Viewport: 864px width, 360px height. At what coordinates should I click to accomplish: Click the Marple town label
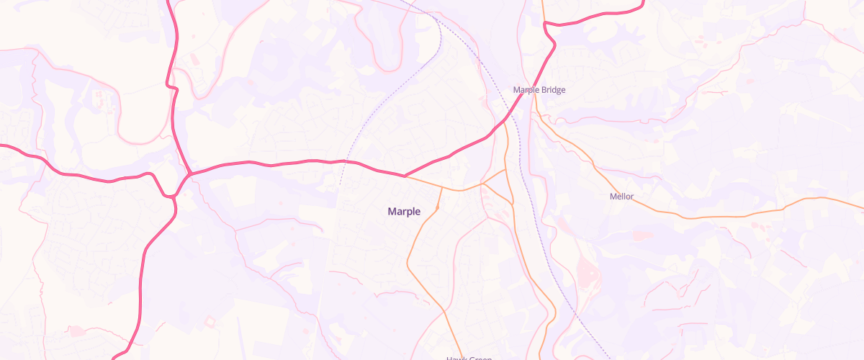pyautogui.click(x=404, y=212)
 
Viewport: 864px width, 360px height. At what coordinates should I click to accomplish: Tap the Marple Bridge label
pyautogui.click(x=539, y=90)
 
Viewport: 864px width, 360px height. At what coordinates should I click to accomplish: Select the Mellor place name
pyautogui.click(x=621, y=197)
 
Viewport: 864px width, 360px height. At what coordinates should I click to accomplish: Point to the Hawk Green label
pyautogui.click(x=468, y=358)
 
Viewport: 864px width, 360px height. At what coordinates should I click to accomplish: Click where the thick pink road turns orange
pyautogui.click(x=405, y=176)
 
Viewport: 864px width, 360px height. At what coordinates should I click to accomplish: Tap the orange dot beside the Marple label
pyautogui.click(x=438, y=209)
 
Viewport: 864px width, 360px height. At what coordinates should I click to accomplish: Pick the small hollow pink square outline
pyautogui.click(x=210, y=320)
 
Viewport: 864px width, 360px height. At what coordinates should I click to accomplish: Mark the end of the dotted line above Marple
pyautogui.click(x=340, y=185)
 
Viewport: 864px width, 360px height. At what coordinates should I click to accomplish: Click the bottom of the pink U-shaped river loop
pyautogui.click(x=388, y=70)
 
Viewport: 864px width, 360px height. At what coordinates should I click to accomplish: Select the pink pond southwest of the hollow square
pyautogui.click(x=75, y=330)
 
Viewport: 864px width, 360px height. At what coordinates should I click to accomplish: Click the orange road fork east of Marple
pyautogui.click(x=483, y=184)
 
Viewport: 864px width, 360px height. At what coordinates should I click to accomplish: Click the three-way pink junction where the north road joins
pyautogui.click(x=189, y=174)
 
